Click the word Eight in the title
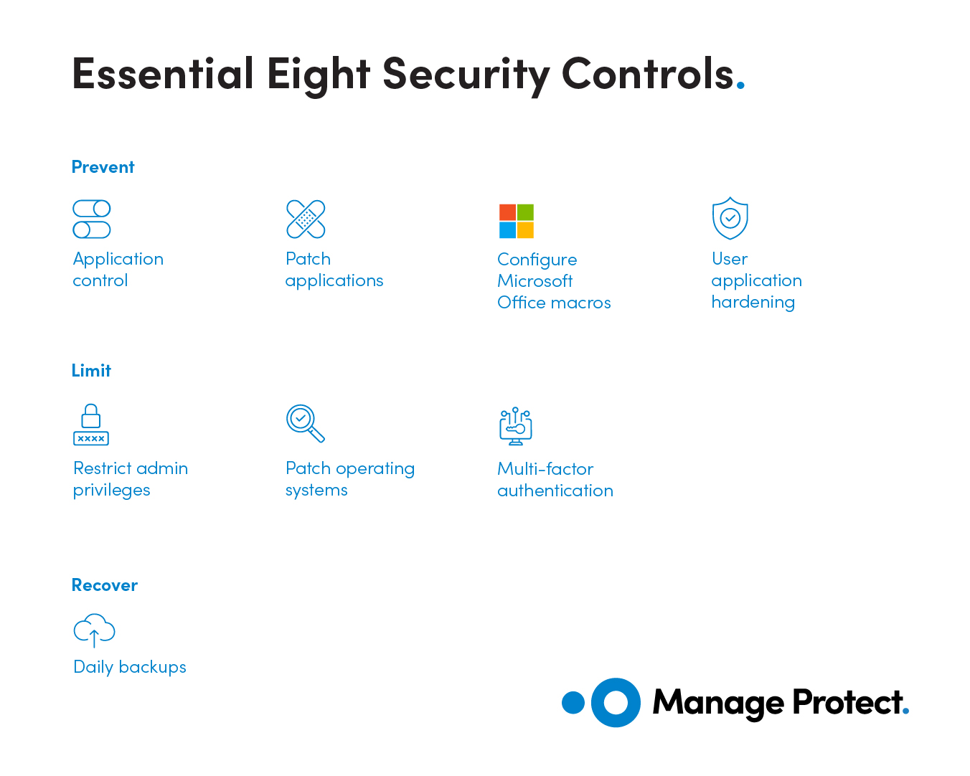pos(319,75)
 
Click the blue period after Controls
pos(740,84)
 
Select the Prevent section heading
pos(103,167)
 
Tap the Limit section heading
pos(91,370)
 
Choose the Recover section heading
pos(105,585)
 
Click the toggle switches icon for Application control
pos(92,219)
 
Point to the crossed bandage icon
pos(306,219)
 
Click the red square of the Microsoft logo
pos(507,212)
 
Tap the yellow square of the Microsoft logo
pos(525,230)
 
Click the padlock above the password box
pos(90,415)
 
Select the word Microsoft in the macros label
pos(535,281)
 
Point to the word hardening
pos(753,303)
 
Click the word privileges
pos(111,491)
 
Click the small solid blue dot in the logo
pos(573,703)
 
